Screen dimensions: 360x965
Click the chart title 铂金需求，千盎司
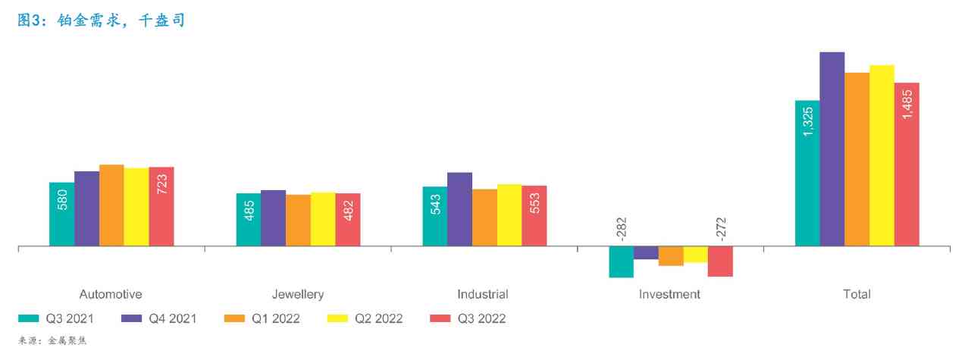tap(102, 21)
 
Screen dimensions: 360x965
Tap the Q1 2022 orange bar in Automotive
tap(111, 205)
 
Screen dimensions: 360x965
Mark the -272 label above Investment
tap(720, 229)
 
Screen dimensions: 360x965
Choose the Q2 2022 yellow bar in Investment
tap(695, 255)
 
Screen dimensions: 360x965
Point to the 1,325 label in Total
tap(807, 122)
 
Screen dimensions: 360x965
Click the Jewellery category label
tap(298, 294)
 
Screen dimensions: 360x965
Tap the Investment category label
tap(669, 294)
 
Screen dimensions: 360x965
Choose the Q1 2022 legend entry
tap(262, 318)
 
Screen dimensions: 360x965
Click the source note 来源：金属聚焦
tap(53, 341)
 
